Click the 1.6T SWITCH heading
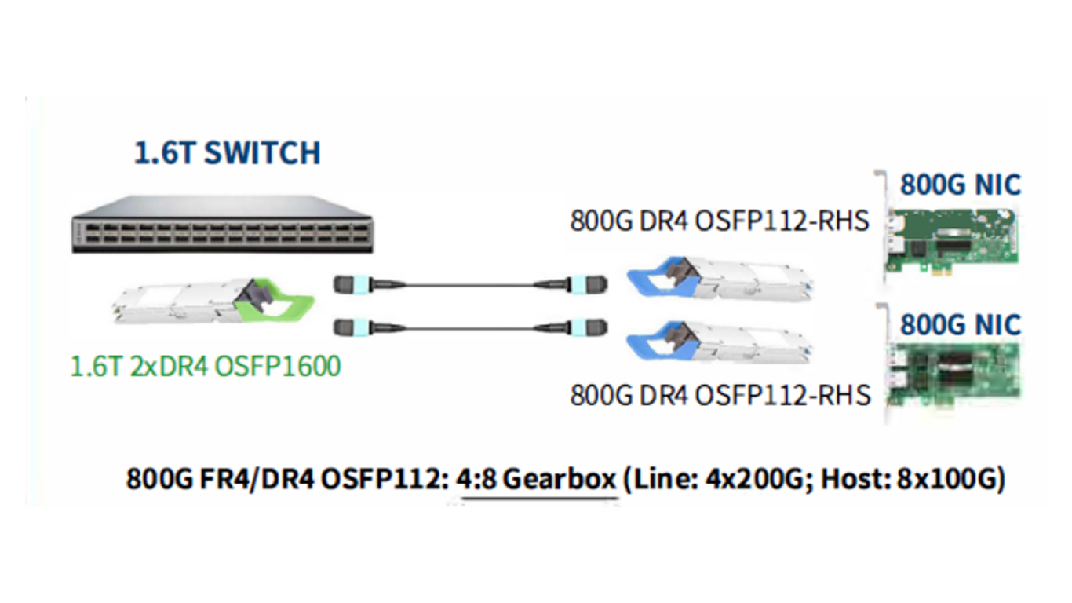227,153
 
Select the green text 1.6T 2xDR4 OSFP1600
206,367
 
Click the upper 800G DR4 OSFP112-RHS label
720,221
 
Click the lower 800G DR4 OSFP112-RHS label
720,394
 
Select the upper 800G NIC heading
961,185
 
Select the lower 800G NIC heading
961,324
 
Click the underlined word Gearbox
559,479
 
